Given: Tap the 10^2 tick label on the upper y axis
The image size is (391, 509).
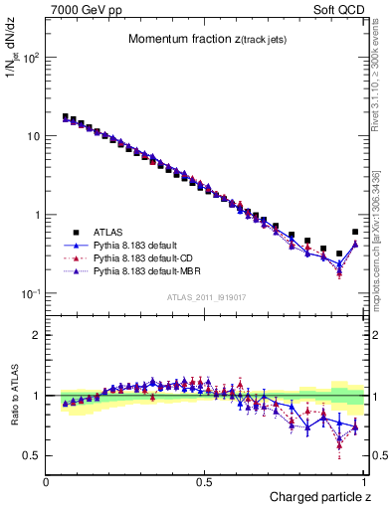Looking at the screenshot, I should pos(29,57).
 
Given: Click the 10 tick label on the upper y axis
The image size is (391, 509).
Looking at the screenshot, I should pos(32,135).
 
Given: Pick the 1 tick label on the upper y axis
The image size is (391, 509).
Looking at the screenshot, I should pos(36,215).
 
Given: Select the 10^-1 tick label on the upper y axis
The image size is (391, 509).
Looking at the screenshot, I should pos(29,293).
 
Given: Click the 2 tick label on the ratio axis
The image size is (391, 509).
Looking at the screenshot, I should pos(36,335).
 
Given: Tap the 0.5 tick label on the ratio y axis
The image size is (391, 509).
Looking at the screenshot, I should pos(31,455).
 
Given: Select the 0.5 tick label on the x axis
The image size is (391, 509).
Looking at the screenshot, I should pos(204,482).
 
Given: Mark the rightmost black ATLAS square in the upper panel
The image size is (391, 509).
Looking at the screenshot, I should pos(355,232).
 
